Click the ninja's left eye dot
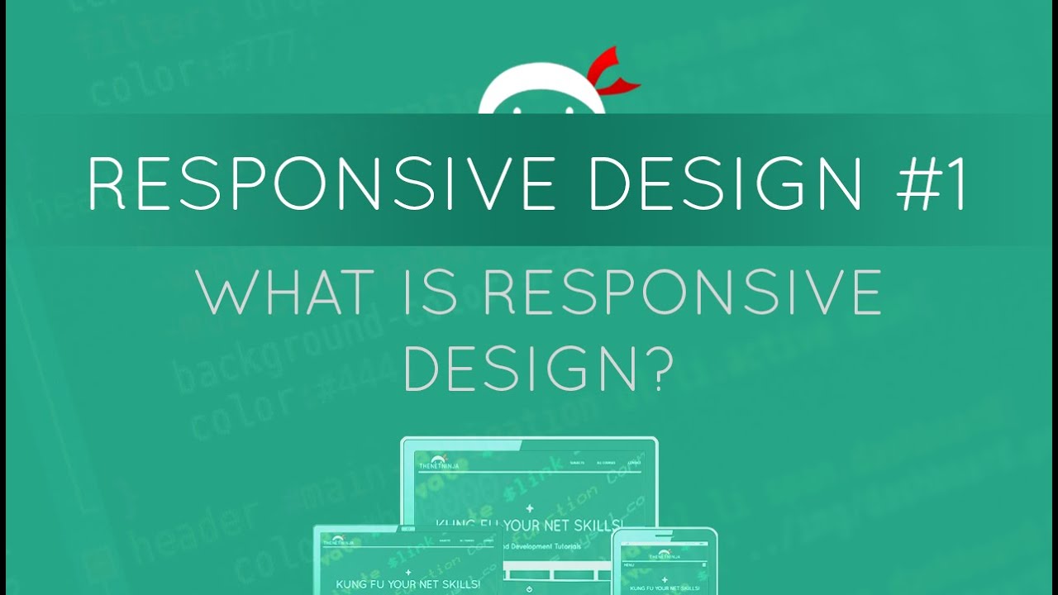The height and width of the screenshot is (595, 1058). (x=517, y=107)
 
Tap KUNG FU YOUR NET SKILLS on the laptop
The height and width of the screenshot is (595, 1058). (x=408, y=584)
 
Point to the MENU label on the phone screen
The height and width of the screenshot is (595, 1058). (x=630, y=565)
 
